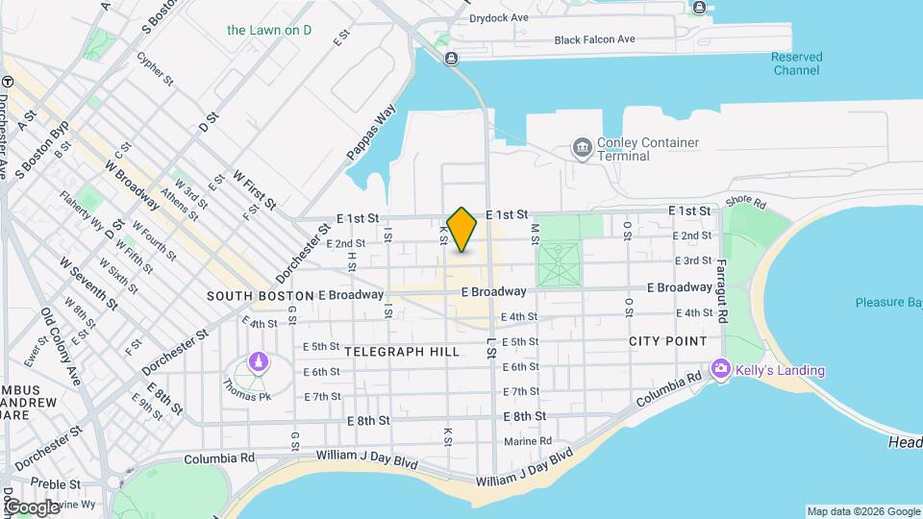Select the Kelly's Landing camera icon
click(x=720, y=369)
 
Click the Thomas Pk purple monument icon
click(x=258, y=361)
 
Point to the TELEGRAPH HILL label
click(x=403, y=352)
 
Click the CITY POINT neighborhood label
click(x=668, y=341)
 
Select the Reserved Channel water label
click(x=796, y=63)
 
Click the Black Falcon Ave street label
click(x=595, y=39)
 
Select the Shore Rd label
click(x=745, y=204)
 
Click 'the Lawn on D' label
click(x=269, y=30)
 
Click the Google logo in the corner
click(x=31, y=506)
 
